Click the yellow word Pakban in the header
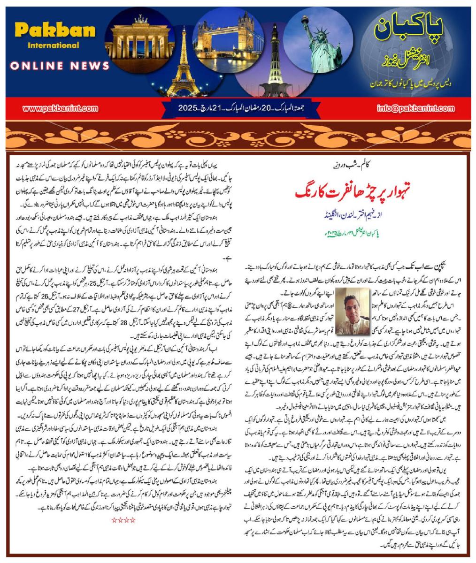48,31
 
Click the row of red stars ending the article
124,520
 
